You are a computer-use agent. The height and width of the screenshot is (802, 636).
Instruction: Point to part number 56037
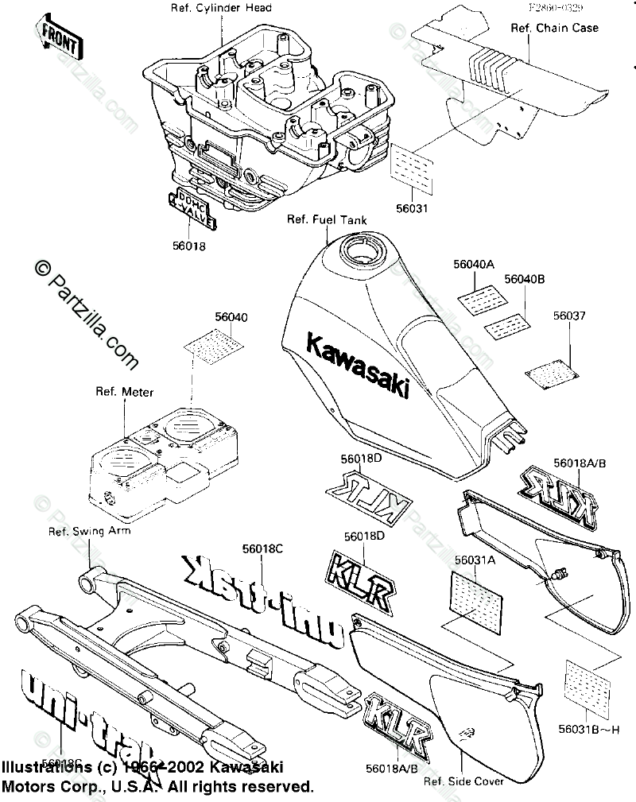click(569, 316)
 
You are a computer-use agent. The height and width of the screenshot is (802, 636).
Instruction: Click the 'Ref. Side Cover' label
click(463, 781)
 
